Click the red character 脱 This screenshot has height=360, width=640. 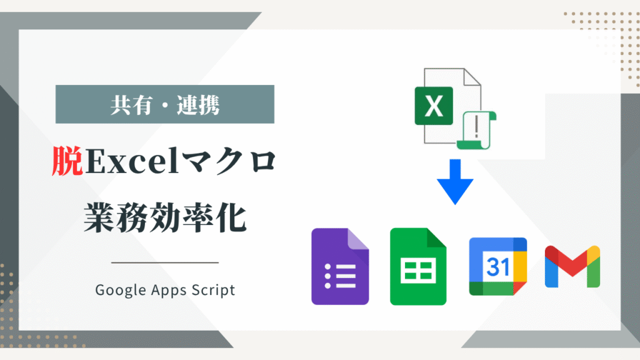[67, 161]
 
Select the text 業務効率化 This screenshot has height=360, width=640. [165, 218]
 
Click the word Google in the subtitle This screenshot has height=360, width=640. [121, 290]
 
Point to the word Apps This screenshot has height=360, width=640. [169, 290]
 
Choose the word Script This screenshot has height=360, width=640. [214, 289]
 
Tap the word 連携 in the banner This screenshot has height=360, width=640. [198, 105]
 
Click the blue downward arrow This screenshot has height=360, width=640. [455, 182]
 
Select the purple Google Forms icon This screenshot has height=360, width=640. [340, 266]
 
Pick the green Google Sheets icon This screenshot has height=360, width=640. [418, 266]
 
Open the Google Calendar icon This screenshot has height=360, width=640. [498, 266]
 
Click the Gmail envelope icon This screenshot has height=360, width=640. [572, 266]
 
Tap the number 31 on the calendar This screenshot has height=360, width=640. [498, 267]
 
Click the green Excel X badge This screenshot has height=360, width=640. [434, 106]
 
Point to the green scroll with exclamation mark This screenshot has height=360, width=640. [476, 130]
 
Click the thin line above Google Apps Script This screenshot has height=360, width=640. [165, 263]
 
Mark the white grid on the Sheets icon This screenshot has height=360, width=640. [418, 271]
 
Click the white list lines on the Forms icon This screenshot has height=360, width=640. [340, 276]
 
